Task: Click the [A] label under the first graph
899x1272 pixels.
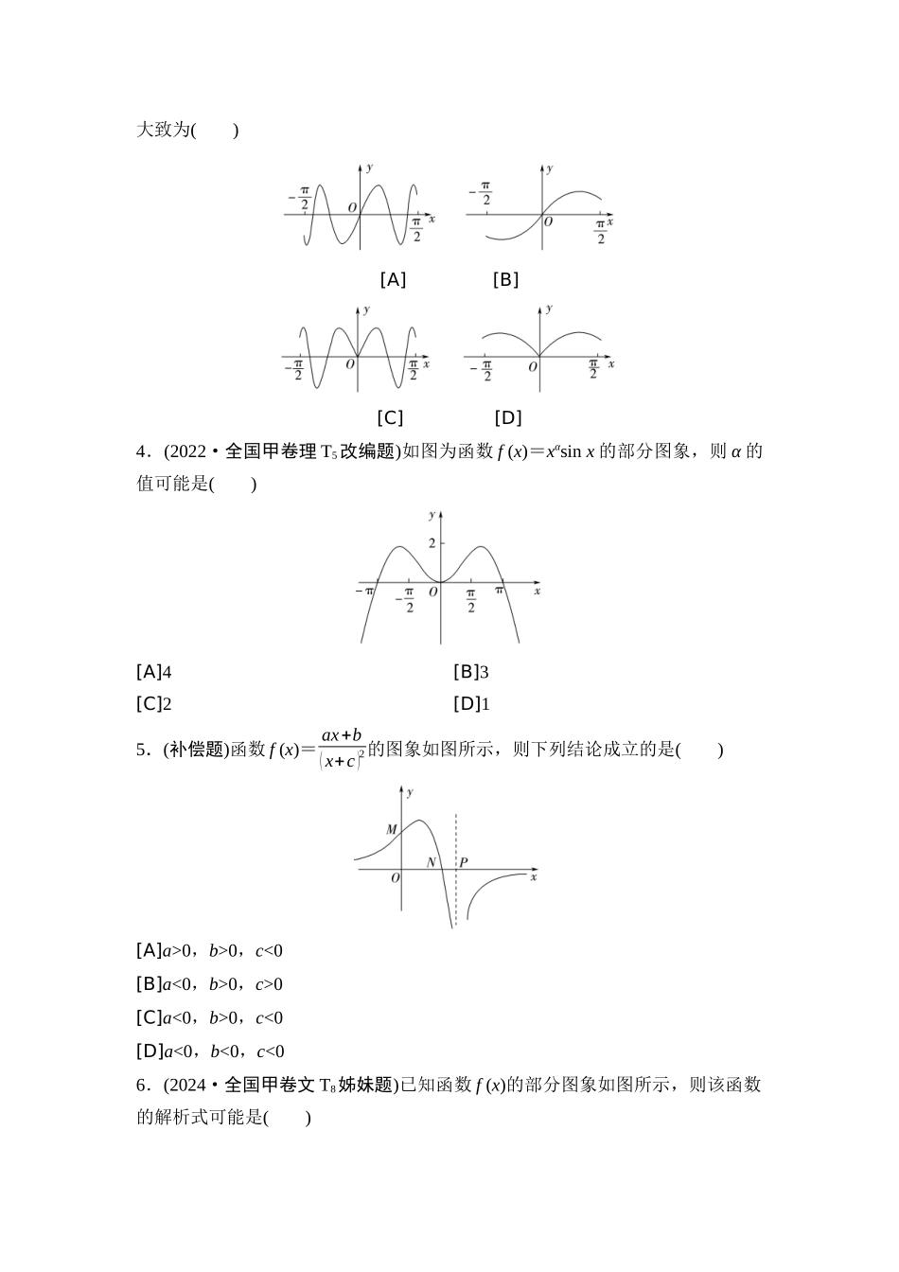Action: [393, 279]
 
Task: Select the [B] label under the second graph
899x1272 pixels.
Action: [505, 279]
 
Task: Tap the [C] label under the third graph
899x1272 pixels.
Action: [390, 417]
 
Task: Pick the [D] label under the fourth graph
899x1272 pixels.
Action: [507, 417]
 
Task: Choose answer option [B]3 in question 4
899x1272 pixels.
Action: [471, 672]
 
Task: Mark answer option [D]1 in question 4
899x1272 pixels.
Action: [471, 703]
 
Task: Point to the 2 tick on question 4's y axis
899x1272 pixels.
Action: [432, 542]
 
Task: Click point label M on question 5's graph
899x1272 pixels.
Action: [392, 830]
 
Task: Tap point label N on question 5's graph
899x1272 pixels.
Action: [432, 862]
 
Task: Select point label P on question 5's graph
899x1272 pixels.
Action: [463, 862]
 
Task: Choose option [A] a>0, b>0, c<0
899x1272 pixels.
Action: [210, 950]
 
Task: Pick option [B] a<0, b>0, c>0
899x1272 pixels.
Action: [210, 984]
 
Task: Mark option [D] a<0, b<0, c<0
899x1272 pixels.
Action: [210, 1051]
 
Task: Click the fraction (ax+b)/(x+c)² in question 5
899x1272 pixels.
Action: [342, 749]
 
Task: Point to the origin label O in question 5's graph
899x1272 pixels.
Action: [396, 877]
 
